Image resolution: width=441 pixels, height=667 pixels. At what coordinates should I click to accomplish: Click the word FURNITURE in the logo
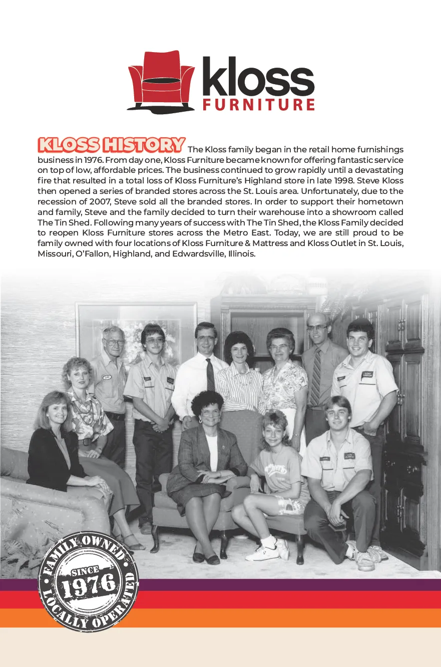point(258,104)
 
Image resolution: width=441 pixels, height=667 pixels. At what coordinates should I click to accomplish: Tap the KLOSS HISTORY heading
point(111,145)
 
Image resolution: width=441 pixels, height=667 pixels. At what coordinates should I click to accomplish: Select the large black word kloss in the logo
point(258,78)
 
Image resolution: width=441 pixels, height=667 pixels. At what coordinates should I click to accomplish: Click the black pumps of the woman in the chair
point(205,557)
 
